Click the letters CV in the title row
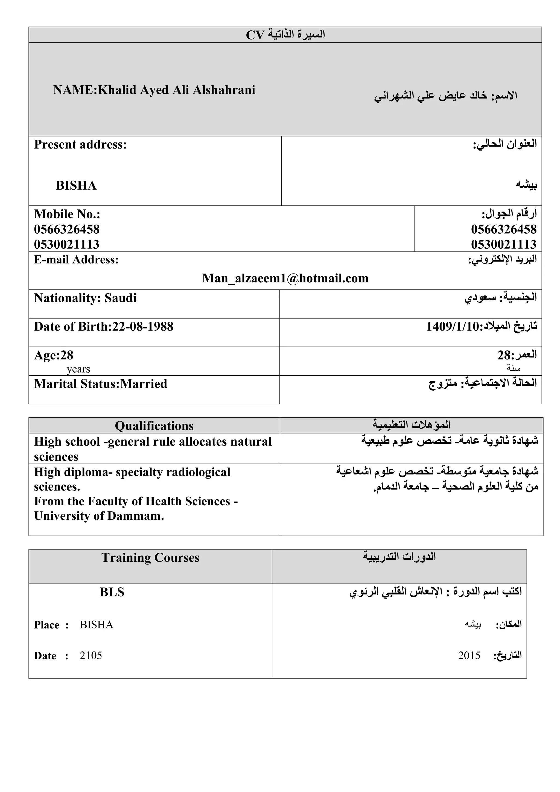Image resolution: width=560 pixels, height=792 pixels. pos(255,35)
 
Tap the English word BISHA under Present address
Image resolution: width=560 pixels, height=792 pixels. pos(76,185)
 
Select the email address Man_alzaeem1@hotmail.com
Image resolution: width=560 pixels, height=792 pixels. pos(285,278)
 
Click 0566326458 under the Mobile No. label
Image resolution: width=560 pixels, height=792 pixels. pos(66,229)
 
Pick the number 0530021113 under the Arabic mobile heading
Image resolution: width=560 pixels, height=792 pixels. pos(503,245)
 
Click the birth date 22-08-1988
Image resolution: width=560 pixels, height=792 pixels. pos(143,327)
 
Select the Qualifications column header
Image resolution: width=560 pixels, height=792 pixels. pos(154,426)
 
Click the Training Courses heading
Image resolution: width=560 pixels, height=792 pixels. pos(150,558)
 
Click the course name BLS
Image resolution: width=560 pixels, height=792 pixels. pos(112,592)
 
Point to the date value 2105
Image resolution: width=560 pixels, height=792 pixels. pos(91,655)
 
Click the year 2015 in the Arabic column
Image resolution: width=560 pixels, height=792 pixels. pos(469,655)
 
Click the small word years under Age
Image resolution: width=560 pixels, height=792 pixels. pos(78,369)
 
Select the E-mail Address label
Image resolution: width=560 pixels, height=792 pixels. pos(76,260)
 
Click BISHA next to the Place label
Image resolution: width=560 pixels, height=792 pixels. pos(96,625)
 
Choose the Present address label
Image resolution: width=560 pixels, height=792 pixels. pos(80,144)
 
